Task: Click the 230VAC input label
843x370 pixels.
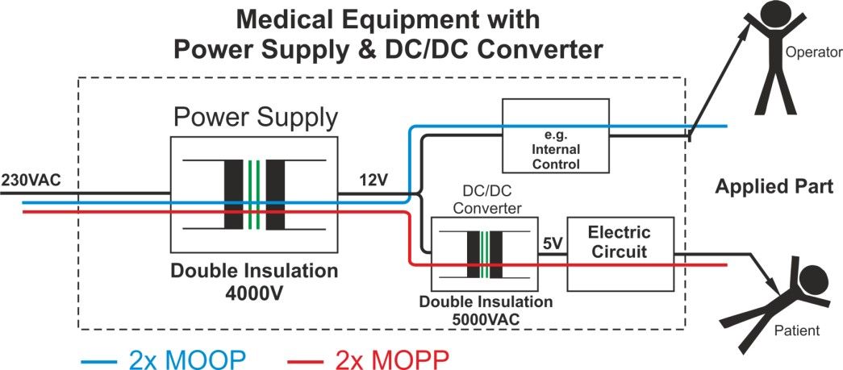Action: click(x=31, y=179)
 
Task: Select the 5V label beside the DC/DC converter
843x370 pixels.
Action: click(x=552, y=240)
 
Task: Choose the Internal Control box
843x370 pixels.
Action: click(x=556, y=135)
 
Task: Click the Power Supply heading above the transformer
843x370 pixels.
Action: click(x=256, y=118)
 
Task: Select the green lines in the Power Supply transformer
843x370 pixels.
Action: click(x=255, y=195)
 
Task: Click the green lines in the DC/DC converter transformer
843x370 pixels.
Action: click(x=484, y=255)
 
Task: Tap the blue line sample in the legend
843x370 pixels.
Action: click(x=98, y=358)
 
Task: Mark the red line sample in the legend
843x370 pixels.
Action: click(x=307, y=358)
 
